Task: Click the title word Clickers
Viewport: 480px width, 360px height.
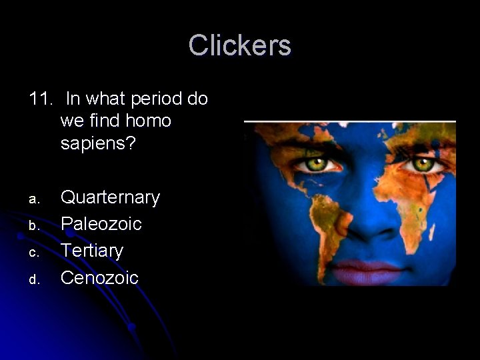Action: [240, 45]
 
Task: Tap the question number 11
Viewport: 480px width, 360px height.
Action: [41, 99]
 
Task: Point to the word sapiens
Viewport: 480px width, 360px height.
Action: [97, 143]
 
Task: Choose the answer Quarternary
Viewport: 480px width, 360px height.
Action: [110, 197]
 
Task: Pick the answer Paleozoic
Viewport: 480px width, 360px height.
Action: [101, 223]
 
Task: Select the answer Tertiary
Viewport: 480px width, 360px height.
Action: [92, 250]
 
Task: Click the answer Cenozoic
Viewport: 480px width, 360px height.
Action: [99, 277]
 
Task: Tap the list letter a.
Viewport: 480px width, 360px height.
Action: [36, 199]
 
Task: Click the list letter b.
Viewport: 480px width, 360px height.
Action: [36, 225]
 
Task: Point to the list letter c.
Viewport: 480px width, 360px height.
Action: [36, 252]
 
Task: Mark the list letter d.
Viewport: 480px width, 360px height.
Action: [36, 279]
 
